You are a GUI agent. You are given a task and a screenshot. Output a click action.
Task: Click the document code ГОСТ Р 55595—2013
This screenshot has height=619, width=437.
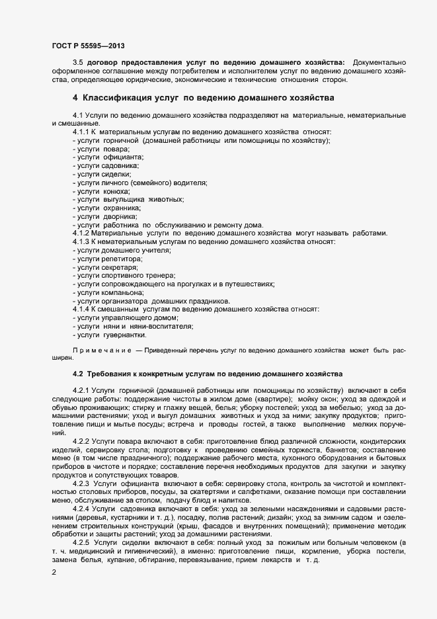88,46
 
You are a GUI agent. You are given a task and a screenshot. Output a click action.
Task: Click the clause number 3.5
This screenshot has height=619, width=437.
78,62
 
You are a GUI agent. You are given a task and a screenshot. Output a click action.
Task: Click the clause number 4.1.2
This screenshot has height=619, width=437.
81,233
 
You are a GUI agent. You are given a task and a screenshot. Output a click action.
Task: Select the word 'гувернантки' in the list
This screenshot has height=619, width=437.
124,335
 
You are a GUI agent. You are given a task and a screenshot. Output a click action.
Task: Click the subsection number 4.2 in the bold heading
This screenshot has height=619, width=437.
77,374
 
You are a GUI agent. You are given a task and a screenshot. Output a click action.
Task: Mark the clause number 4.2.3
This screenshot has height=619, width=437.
83,483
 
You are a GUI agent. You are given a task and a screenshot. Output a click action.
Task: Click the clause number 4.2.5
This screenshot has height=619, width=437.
83,542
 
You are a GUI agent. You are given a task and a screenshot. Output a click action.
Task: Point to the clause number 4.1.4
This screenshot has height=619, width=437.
81,309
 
